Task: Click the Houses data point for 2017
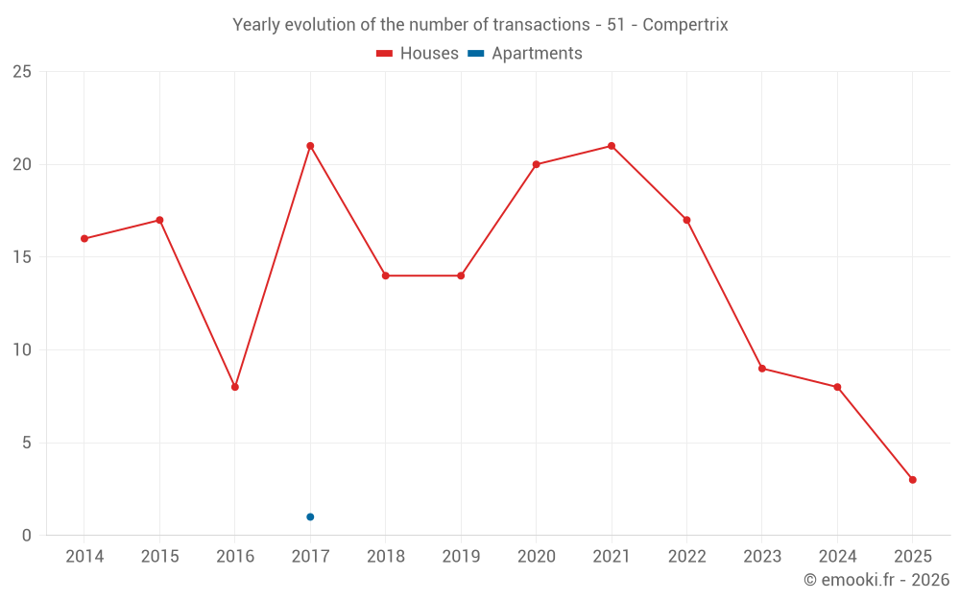tap(310, 146)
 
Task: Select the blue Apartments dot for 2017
tap(310, 516)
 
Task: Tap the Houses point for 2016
tap(235, 387)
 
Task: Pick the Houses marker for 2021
tap(612, 146)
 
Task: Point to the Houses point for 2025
tap(912, 480)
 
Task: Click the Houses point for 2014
tap(84, 238)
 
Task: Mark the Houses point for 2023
tap(762, 369)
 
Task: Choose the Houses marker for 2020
tap(536, 164)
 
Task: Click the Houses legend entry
tap(418, 54)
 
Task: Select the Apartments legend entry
tap(525, 54)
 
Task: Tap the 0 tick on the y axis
tap(27, 536)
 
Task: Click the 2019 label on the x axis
tap(461, 557)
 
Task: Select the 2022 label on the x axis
tap(686, 557)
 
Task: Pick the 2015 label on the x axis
tap(159, 557)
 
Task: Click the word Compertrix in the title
tap(684, 25)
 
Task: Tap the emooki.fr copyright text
tap(876, 580)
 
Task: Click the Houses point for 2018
tap(386, 276)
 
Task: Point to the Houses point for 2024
tap(837, 387)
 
